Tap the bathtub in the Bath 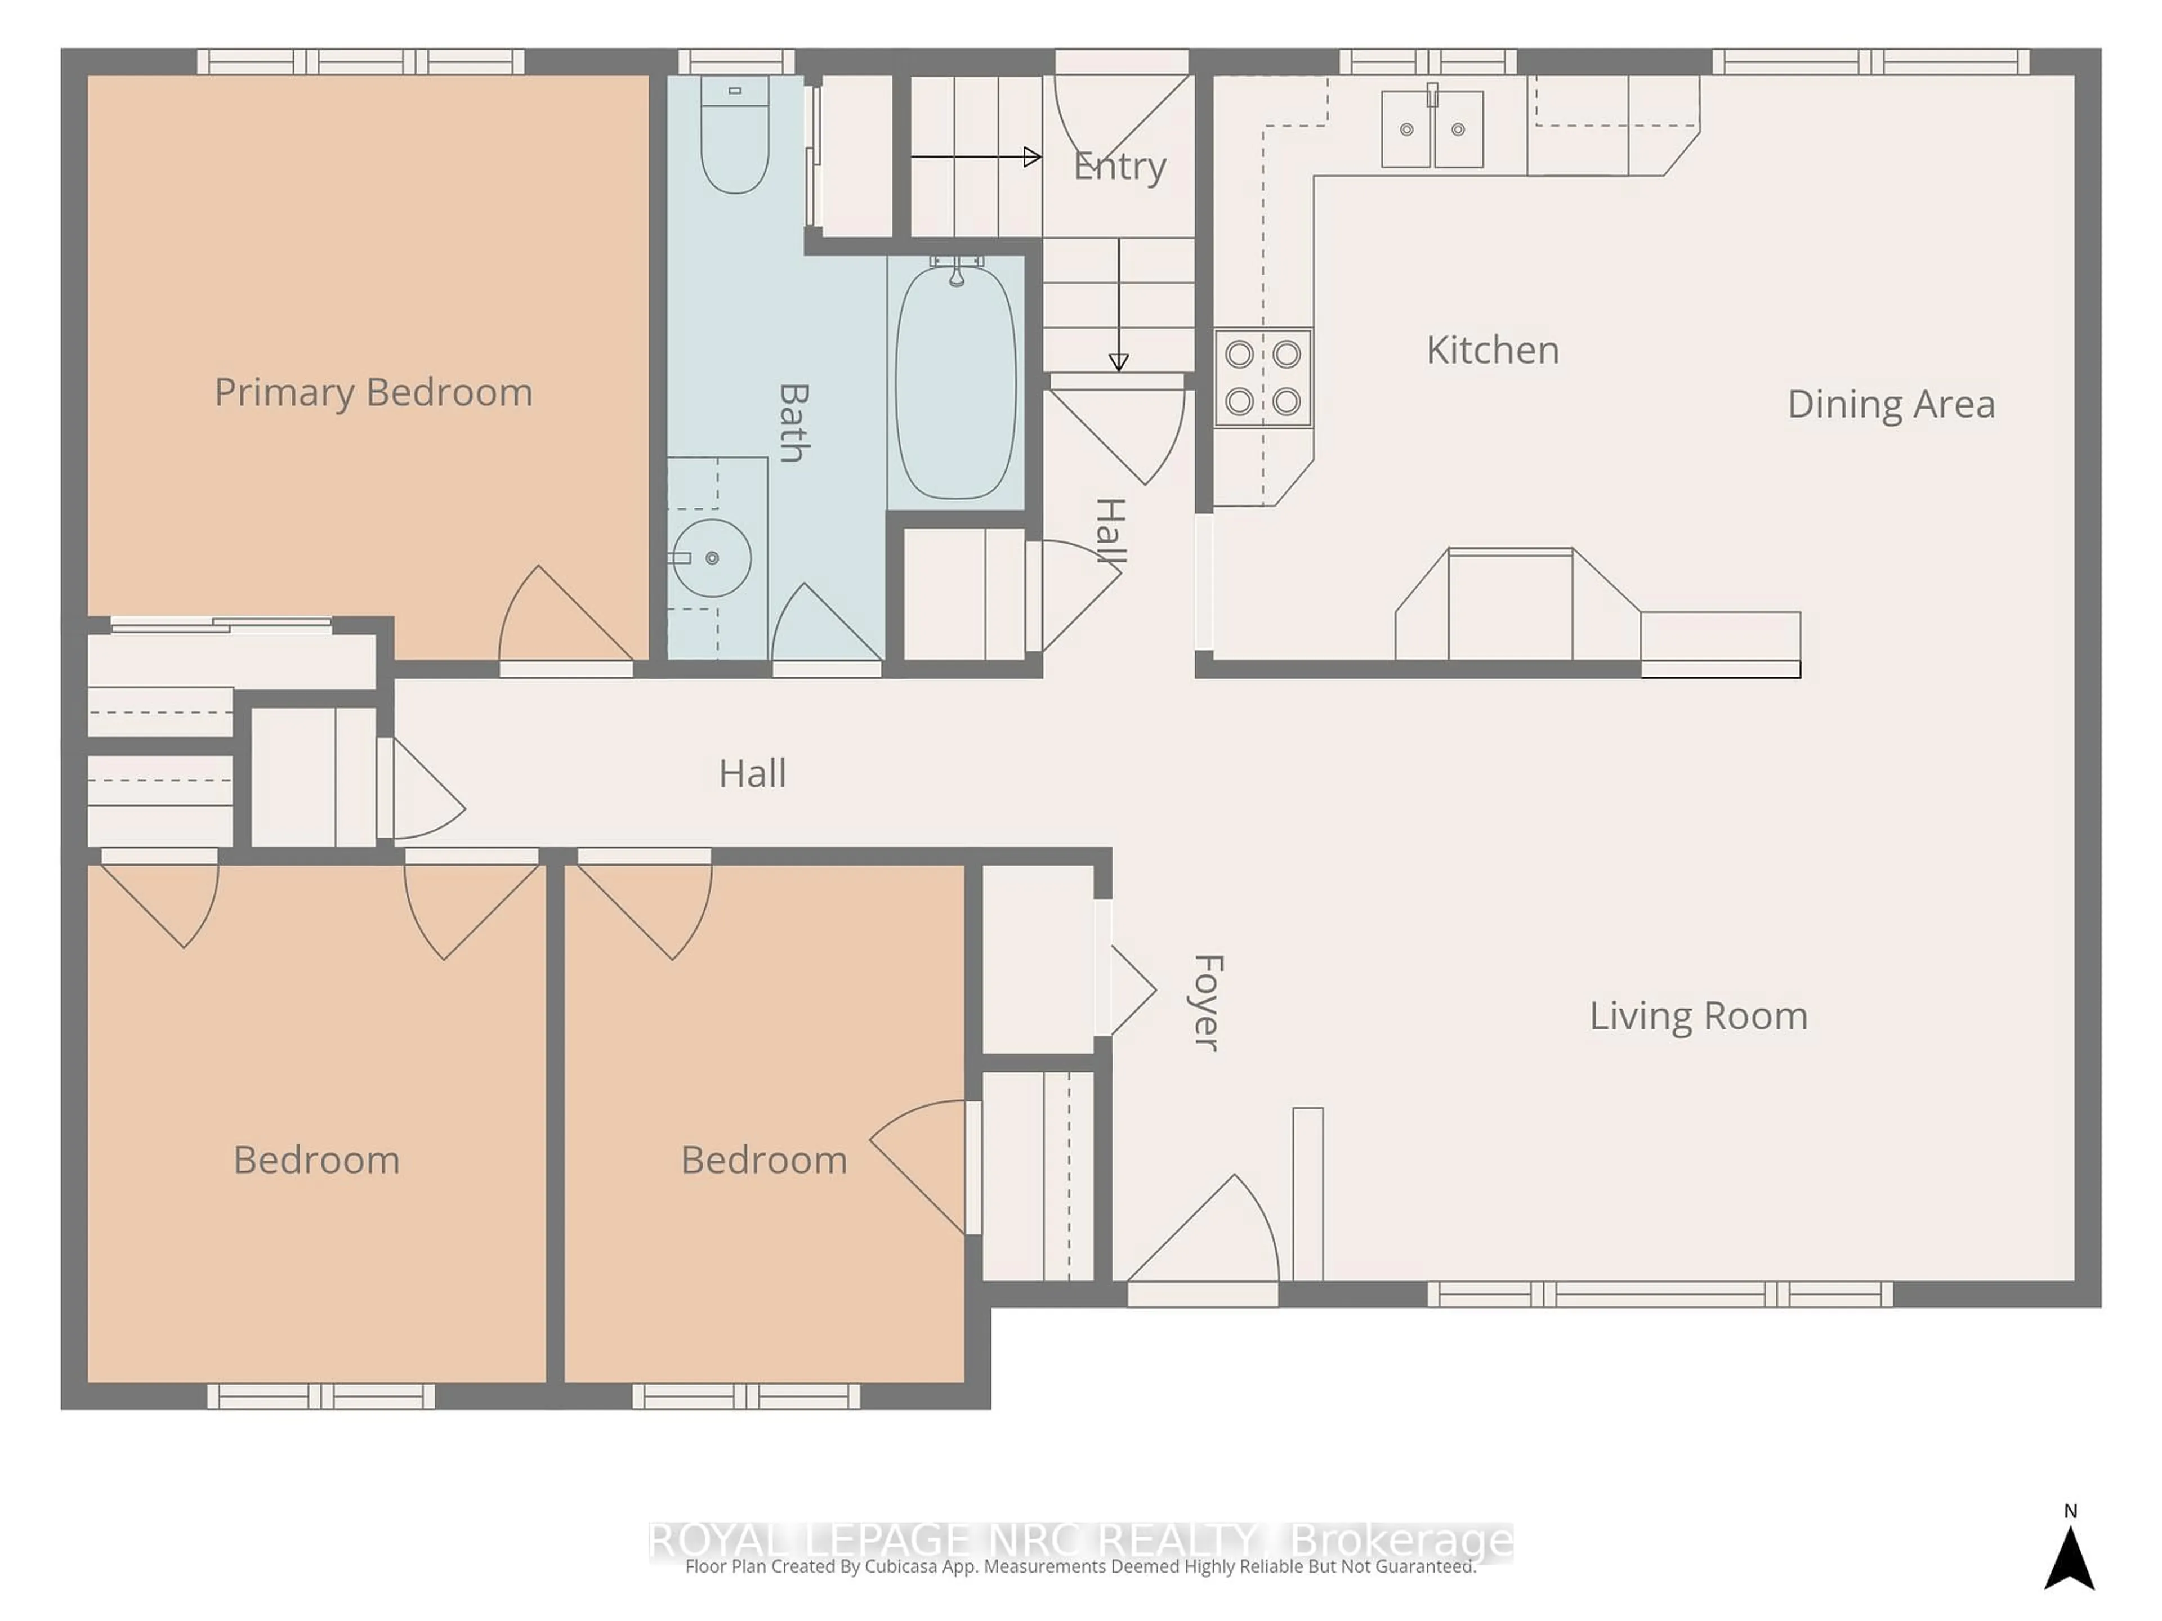pyautogui.click(x=956, y=383)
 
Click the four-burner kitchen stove pyautogui.click(x=1263, y=377)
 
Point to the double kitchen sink pyautogui.click(x=1432, y=129)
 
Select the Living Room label pyautogui.click(x=1698, y=1016)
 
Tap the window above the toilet pyautogui.click(x=736, y=61)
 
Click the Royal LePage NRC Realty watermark pyautogui.click(x=1080, y=1541)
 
